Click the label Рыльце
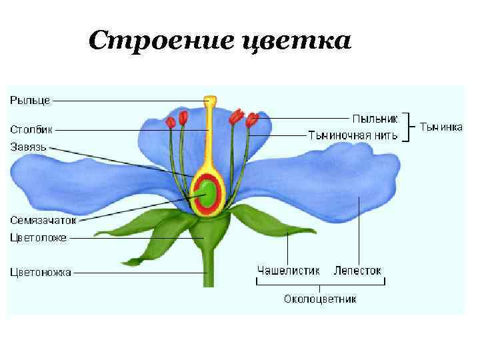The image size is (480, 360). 29,101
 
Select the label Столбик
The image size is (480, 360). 31,129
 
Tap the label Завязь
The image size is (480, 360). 29,146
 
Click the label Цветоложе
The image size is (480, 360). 38,237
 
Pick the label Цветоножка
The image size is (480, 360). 41,272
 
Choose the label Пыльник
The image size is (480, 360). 375,119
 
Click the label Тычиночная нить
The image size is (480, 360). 353,135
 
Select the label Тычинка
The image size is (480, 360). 440,127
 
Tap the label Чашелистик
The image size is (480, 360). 289,271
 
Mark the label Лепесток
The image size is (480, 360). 358,271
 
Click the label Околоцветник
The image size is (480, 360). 320,299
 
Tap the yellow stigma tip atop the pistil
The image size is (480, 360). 210,101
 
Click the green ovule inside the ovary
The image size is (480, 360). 208,193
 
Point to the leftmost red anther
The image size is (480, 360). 171,122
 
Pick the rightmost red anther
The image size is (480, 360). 252,121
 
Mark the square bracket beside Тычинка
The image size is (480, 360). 409,127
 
